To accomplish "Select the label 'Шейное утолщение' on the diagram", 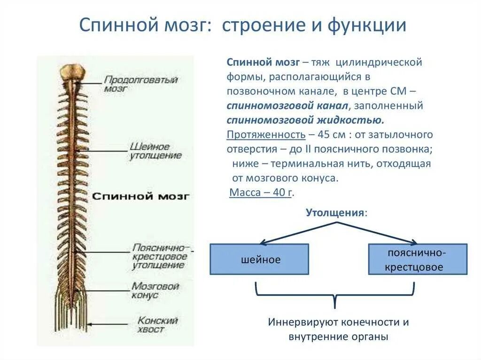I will click(x=155, y=151).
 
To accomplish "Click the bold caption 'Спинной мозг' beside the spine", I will click(x=140, y=196).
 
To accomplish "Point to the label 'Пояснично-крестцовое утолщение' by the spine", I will click(x=159, y=256).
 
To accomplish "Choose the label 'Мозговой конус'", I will click(x=155, y=291).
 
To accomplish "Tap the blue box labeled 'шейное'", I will click(x=259, y=259).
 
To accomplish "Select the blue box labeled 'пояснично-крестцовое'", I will click(x=417, y=259).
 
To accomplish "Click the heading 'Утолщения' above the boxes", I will click(x=335, y=212).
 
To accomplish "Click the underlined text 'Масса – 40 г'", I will click(x=261, y=192).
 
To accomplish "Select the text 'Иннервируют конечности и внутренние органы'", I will click(x=338, y=329).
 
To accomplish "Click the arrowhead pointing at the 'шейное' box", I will click(x=263, y=242).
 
